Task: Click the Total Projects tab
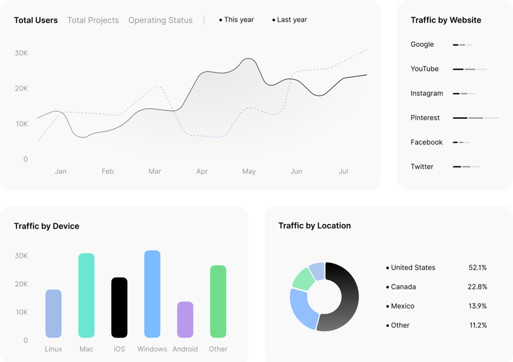[x=93, y=21]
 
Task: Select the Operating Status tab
[x=160, y=21]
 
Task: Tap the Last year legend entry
[x=290, y=20]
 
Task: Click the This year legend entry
[x=237, y=20]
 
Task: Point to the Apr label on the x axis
[x=202, y=171]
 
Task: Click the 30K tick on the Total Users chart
[x=21, y=53]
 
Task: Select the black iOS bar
[x=119, y=307]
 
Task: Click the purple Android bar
[x=185, y=319]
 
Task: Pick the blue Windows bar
[x=152, y=294]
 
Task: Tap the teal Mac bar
[x=87, y=295]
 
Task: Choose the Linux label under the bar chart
[x=54, y=349]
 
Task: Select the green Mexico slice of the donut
[x=302, y=279]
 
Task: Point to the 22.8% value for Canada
[x=477, y=287]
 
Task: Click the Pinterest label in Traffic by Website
[x=425, y=118]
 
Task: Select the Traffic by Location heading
[x=314, y=226]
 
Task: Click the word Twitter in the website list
[x=422, y=167]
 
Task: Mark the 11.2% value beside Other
[x=478, y=325]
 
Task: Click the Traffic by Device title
[x=47, y=226]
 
